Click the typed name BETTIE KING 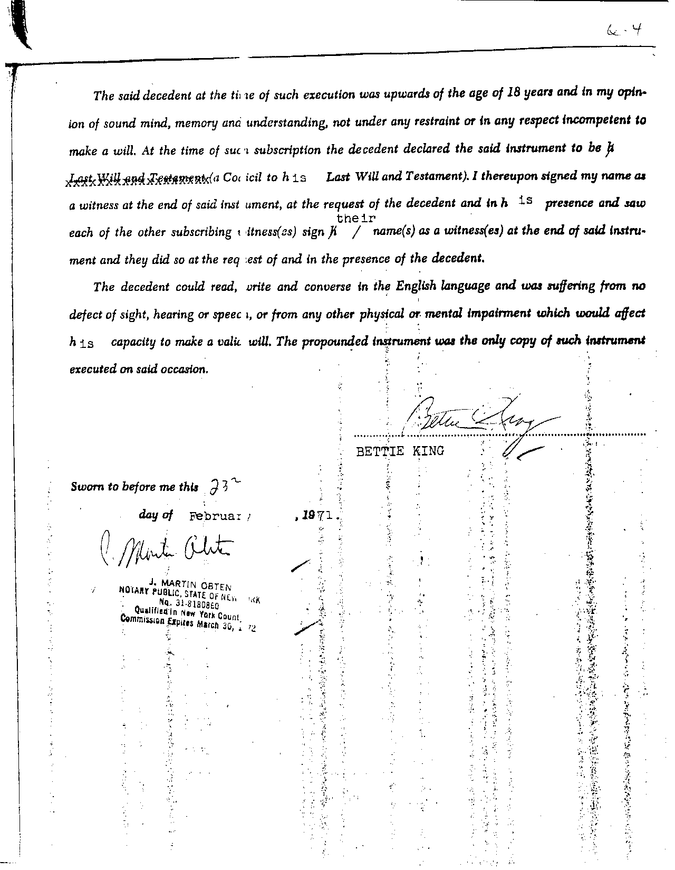pos(400,451)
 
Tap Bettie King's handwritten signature pos(475,420)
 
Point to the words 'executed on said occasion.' pos(139,369)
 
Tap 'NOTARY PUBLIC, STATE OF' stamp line pos(171,593)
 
